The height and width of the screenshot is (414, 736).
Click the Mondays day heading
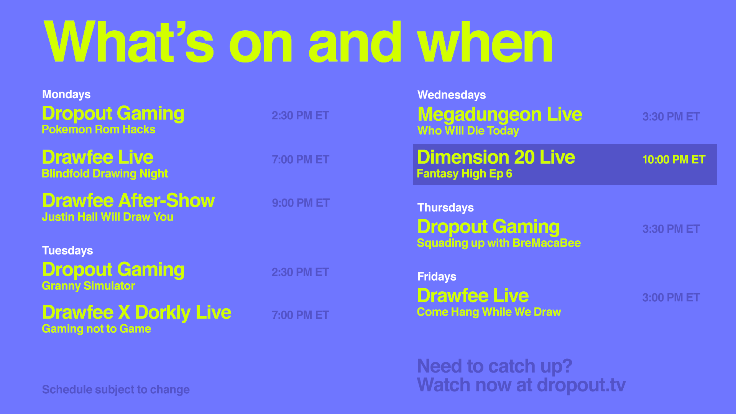point(66,94)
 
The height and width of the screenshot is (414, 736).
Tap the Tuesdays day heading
point(67,250)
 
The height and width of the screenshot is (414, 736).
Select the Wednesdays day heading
point(452,95)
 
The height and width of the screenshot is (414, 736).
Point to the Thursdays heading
point(445,207)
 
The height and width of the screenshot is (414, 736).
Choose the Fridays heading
point(437,276)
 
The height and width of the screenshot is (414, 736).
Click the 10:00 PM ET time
point(674,159)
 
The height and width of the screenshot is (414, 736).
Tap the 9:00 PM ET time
point(301,203)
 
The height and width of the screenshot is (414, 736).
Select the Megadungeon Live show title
point(499,115)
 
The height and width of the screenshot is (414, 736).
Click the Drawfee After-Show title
point(128,200)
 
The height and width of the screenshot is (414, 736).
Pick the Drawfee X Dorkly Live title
point(136,312)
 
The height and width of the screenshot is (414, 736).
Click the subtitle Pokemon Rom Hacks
point(99,130)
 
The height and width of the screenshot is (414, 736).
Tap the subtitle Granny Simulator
point(88,286)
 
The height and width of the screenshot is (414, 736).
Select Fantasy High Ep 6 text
point(464,174)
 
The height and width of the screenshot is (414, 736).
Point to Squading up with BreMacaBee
point(499,243)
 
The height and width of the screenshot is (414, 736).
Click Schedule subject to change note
point(116,389)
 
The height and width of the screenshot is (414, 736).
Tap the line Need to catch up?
point(495,366)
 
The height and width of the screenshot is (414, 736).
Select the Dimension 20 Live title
point(496,158)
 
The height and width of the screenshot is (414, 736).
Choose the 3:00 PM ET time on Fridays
point(671,297)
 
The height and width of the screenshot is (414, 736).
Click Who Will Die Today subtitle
point(468,131)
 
